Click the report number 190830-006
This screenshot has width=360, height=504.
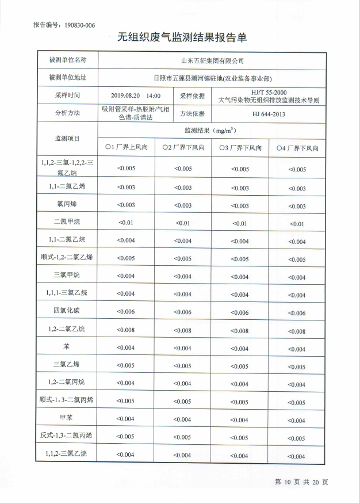coord(80,25)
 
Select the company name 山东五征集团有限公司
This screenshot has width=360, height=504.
coord(212,60)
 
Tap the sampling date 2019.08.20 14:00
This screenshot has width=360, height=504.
coord(135,96)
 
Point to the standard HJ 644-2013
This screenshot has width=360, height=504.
coord(269,113)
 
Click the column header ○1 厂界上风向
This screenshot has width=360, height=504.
coord(126,148)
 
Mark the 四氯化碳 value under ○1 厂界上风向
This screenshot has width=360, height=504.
coord(126,312)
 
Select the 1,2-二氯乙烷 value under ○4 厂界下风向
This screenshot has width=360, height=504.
coord(297,331)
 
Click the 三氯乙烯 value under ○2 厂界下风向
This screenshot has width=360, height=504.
coord(183,365)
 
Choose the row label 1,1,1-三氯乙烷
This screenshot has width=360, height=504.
coord(67,293)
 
